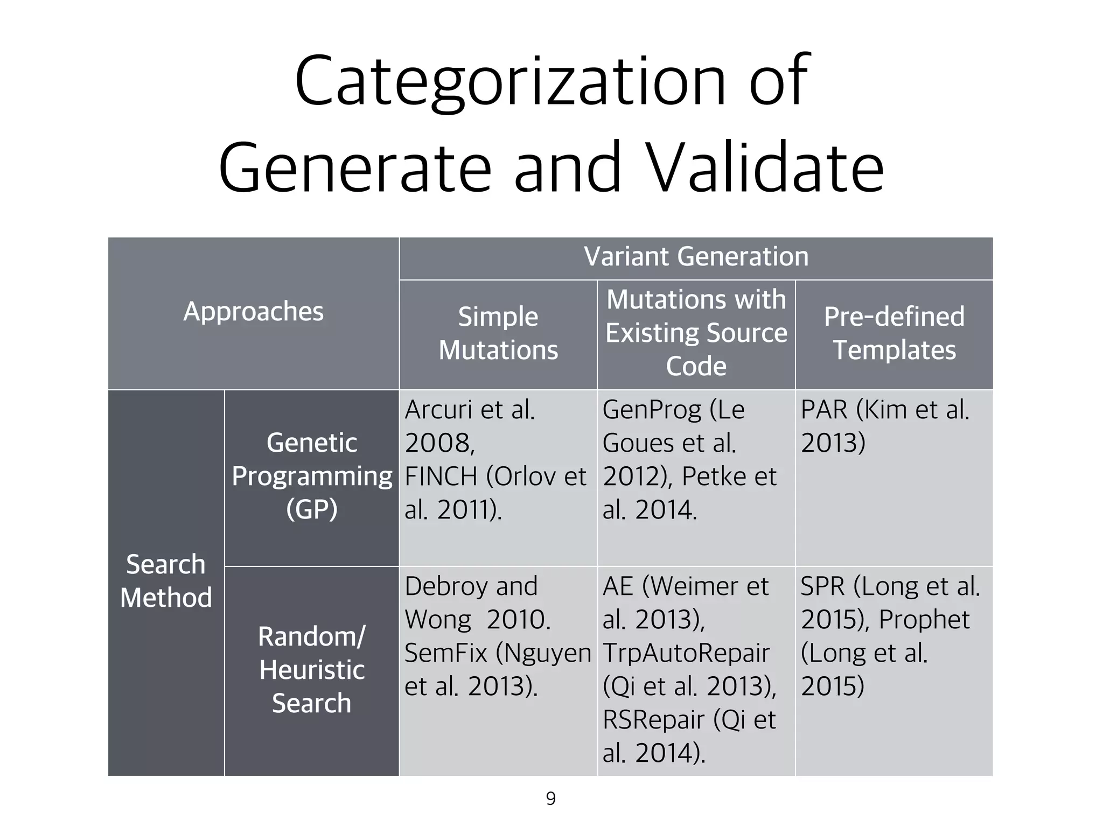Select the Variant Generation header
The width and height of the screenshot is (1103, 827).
pyautogui.click(x=696, y=257)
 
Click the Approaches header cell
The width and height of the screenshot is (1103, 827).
pyautogui.click(x=253, y=312)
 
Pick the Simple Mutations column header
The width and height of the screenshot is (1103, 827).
pyautogui.click(x=498, y=333)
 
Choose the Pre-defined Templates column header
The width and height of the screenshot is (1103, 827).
pyautogui.click(x=894, y=333)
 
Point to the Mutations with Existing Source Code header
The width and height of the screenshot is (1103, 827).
pyautogui.click(x=696, y=333)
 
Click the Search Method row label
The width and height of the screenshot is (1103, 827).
pyautogui.click(x=166, y=581)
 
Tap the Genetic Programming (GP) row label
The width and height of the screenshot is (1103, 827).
pyautogui.click(x=312, y=476)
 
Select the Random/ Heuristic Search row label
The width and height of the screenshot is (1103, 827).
pyautogui.click(x=312, y=670)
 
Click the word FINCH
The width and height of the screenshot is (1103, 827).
pyautogui.click(x=441, y=477)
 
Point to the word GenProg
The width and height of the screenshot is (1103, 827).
pyautogui.click(x=652, y=410)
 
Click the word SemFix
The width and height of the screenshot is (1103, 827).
pyautogui.click(x=446, y=654)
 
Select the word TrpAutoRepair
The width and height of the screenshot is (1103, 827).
pyautogui.click(x=686, y=654)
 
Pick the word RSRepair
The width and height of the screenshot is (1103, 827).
pyautogui.click(x=653, y=720)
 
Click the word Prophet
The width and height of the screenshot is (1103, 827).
pyautogui.click(x=924, y=620)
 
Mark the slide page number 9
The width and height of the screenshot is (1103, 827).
pyautogui.click(x=550, y=798)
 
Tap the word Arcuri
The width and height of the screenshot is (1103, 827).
pyautogui.click(x=439, y=410)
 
